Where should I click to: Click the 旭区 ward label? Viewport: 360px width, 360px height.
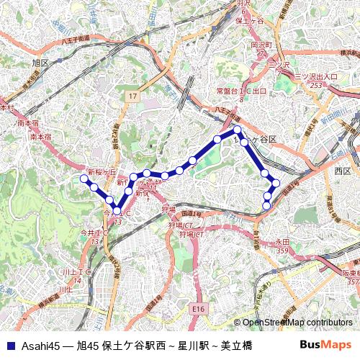pyautogui.click(x=40, y=63)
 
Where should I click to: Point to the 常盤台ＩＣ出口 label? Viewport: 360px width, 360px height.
pyautogui.click(x=241, y=91)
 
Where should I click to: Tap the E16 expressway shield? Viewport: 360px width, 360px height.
pyautogui.click(x=199, y=309)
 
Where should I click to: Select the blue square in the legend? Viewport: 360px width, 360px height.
pyautogui.click(x=9, y=345)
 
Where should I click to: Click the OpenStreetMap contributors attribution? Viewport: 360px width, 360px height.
pyautogui.click(x=296, y=323)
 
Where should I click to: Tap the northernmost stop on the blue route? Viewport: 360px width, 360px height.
pyautogui.click(x=236, y=130)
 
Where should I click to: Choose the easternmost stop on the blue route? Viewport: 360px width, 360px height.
pyautogui.click(x=275, y=183)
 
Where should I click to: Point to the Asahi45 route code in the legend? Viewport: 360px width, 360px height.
pyautogui.click(x=37, y=345)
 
